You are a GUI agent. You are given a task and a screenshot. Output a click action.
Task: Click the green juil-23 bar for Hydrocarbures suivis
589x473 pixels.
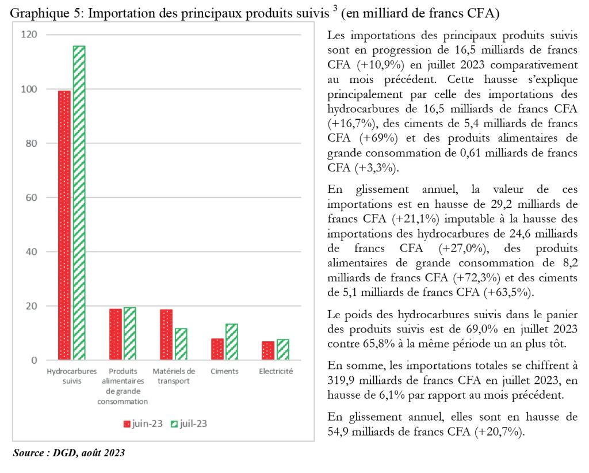79,203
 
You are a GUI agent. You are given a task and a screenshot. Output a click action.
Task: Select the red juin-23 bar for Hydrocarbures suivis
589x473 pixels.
64,226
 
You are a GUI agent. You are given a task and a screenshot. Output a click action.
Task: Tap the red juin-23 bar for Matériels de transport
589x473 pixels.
166,335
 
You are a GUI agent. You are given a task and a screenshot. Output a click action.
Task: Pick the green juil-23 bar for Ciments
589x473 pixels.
232,342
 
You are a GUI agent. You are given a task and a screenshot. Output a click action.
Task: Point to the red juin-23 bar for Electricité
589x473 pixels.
268,350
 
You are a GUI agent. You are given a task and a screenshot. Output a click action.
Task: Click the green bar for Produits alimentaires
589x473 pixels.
130,334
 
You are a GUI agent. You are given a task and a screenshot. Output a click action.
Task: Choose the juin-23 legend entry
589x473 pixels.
143,424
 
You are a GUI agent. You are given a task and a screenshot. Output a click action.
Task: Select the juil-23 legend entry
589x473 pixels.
189,424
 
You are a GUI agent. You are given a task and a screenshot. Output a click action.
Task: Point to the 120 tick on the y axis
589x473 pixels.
29,35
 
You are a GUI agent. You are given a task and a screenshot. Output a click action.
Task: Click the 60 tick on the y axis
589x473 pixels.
31,197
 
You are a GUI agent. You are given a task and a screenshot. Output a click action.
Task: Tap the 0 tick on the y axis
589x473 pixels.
34,360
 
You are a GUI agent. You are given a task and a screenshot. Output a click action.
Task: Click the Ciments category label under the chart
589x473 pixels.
224,371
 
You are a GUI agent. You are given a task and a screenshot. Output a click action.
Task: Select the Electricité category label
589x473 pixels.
276,371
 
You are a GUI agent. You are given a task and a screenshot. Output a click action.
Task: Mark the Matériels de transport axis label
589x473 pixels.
174,376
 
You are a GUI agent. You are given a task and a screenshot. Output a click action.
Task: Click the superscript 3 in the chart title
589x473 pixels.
335,7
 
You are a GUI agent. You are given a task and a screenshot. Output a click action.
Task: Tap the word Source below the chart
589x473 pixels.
29,453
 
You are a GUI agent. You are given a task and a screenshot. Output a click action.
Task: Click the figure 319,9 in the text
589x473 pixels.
341,380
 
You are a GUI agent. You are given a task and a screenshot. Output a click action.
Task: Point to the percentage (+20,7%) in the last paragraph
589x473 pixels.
499,432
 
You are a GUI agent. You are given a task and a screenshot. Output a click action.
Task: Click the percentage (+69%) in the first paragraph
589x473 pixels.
378,138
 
